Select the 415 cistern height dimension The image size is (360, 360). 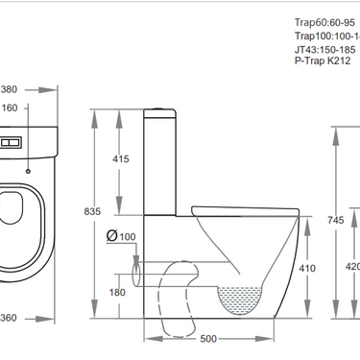click(121, 158)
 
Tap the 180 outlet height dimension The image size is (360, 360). click(117, 292)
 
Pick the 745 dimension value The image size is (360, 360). click(335, 220)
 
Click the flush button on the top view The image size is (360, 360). click(10, 140)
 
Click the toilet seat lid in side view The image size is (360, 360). click(240, 205)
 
